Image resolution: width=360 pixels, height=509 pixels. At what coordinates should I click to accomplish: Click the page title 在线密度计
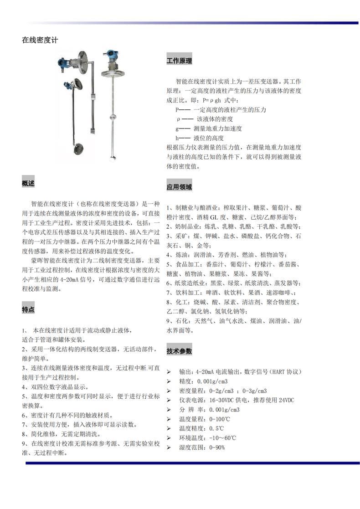tap(40, 40)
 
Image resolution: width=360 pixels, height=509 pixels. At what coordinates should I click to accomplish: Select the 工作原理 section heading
tap(179, 61)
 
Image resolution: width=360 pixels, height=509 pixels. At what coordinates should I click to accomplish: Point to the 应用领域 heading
tap(179, 187)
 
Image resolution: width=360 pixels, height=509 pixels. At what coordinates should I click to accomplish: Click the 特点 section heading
tap(28, 309)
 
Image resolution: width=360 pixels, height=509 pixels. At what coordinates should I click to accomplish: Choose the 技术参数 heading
tap(179, 351)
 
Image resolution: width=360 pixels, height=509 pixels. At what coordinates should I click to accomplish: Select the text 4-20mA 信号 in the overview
tap(81, 280)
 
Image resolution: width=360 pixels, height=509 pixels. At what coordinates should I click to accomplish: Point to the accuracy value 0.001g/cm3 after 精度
tap(212, 381)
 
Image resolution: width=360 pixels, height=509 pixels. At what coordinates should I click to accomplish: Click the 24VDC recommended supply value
tap(286, 400)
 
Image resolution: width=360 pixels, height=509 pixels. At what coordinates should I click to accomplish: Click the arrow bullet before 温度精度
tap(169, 428)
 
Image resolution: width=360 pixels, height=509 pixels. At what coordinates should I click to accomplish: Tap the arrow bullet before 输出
tap(169, 372)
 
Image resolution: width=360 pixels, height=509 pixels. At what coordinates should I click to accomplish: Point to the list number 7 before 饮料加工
tap(168, 293)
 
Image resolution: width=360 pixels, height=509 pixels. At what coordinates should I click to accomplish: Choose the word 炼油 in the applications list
tap(180, 254)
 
